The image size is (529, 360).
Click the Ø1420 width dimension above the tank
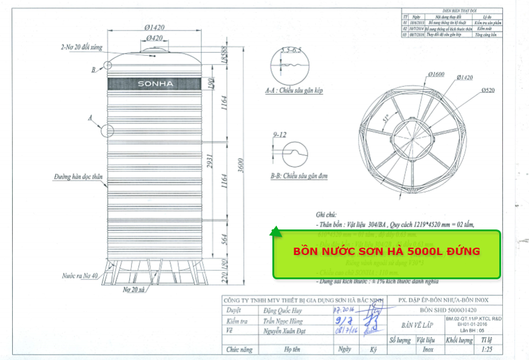click(x=155, y=27)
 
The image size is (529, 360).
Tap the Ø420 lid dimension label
click(x=155, y=38)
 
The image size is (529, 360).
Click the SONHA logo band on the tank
click(x=155, y=83)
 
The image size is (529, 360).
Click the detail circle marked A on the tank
click(x=107, y=130)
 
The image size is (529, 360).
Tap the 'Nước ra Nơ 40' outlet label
click(x=79, y=276)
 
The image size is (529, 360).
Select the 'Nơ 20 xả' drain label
click(x=135, y=290)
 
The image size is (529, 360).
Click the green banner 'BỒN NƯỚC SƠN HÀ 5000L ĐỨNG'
click(x=386, y=251)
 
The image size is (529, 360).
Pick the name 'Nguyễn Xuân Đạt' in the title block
click(x=283, y=331)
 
